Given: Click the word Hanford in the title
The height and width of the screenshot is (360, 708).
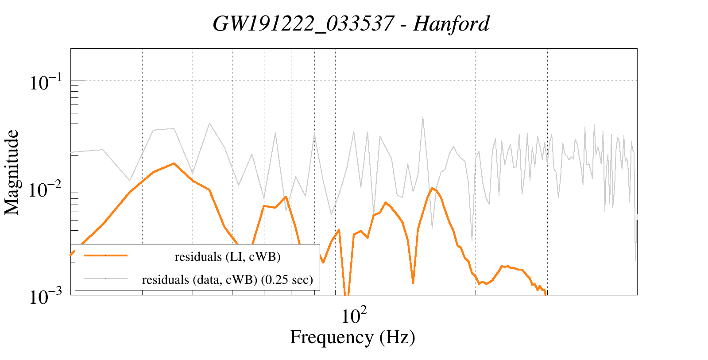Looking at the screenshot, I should pos(451,24).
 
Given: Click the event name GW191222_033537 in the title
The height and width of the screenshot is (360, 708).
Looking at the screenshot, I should pos(303,24).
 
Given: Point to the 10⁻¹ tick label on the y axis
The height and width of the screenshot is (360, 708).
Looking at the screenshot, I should pos(45,82).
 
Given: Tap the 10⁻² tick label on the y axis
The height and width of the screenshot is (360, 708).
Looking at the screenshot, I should pos(45,190).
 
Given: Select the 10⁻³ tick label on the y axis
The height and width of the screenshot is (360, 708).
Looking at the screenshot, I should pos(45,297).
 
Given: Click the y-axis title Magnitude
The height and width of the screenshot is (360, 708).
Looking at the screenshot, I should pos(12,173).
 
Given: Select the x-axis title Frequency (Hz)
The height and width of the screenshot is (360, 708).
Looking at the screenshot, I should pos(352,337).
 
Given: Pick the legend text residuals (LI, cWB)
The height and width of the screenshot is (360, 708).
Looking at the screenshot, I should pos(228,257).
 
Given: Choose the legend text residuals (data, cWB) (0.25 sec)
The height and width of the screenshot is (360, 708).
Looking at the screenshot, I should pos(227,280).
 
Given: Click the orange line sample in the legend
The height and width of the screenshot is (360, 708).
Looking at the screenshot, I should pos(105,255).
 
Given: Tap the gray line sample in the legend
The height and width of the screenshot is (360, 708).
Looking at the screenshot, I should pos(105,279).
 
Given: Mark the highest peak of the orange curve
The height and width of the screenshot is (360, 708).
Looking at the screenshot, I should pos(174,163).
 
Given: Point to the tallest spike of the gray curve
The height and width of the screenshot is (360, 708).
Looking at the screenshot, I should pos(423,117).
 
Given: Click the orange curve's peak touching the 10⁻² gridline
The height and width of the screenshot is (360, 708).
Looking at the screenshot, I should pos(432,189).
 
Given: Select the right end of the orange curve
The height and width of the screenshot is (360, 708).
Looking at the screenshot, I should pos(545,293).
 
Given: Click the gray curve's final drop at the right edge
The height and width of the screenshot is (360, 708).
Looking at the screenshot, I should pos(635,259).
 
